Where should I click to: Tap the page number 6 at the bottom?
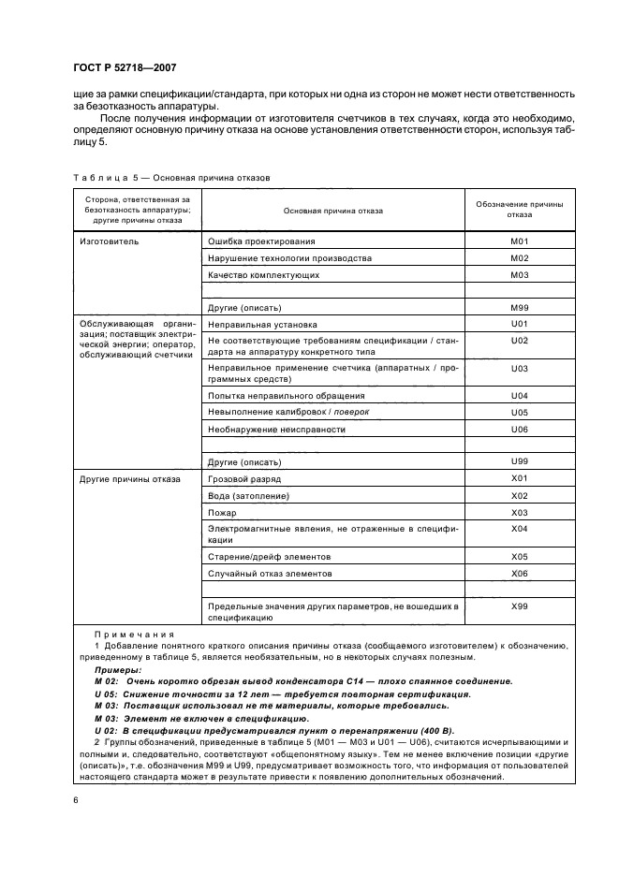(74, 800)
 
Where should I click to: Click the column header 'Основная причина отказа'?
(333, 211)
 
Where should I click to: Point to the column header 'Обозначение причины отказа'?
(520, 209)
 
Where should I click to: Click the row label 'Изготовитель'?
(111, 241)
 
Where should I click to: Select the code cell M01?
(520, 241)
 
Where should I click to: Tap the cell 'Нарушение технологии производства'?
(290, 257)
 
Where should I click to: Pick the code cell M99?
(520, 307)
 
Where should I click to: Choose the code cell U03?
(520, 370)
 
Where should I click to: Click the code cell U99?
(520, 462)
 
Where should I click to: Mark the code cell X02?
(520, 495)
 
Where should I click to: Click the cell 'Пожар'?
(222, 513)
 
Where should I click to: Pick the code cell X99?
(520, 606)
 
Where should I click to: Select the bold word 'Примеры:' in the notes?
(118, 670)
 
